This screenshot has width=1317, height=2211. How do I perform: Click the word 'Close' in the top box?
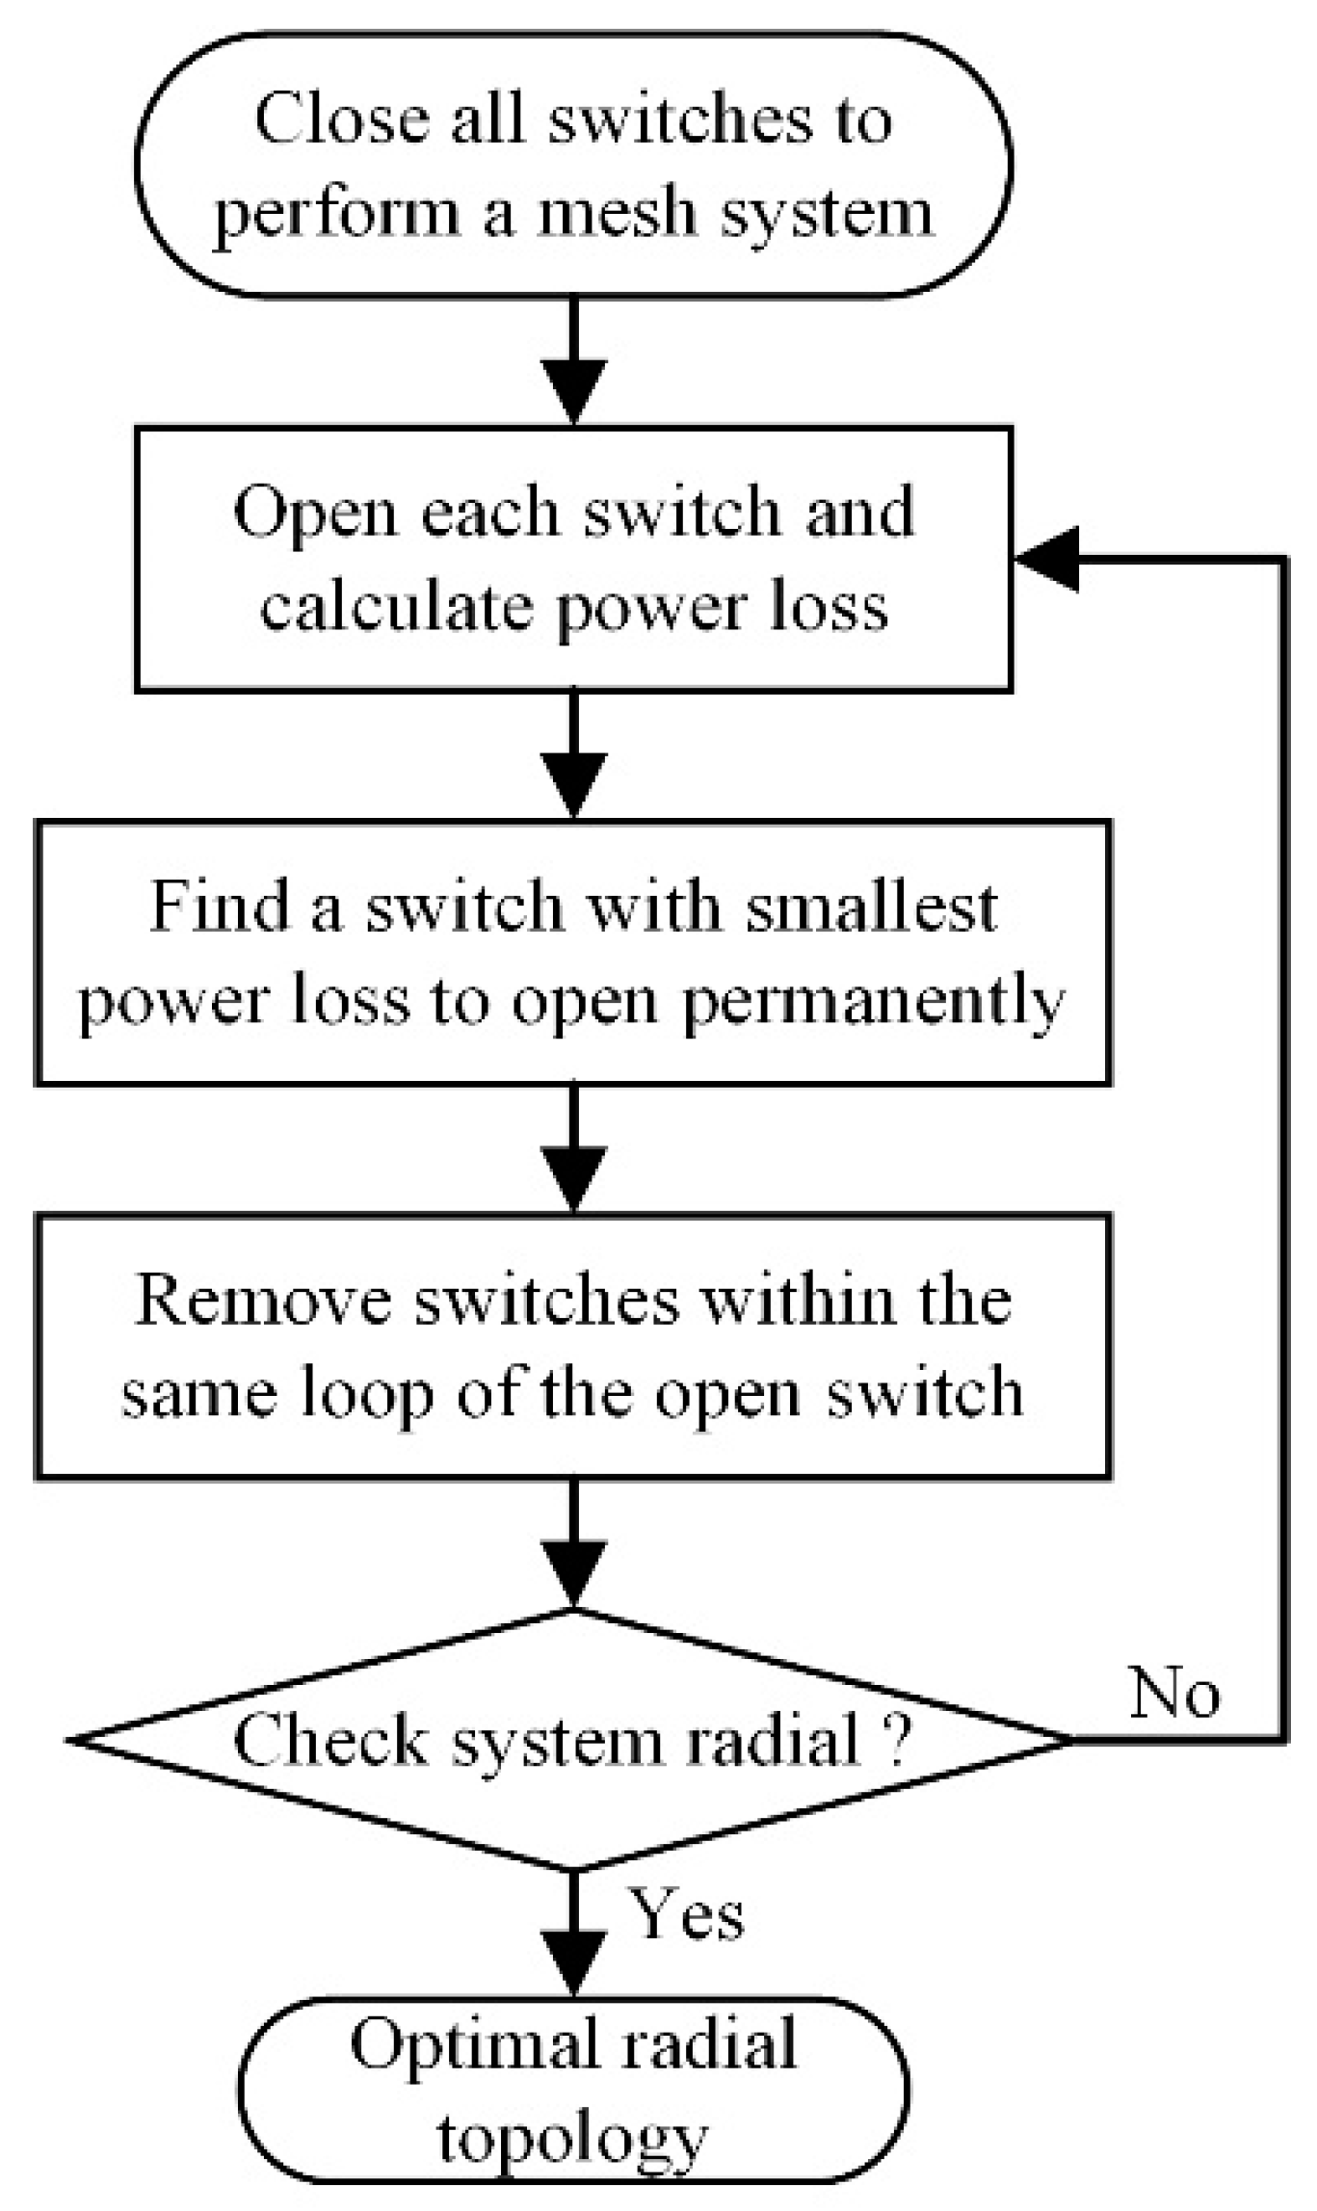341,119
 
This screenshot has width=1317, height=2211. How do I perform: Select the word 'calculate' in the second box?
394,608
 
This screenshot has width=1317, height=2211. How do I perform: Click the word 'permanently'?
873,1002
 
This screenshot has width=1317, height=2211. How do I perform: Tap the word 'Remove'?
265,1300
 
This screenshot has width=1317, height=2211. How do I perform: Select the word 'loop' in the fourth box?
367,1394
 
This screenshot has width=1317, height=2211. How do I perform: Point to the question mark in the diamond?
896,1740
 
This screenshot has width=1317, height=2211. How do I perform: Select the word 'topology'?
573,2140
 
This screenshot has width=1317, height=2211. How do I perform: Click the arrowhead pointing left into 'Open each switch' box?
1045,560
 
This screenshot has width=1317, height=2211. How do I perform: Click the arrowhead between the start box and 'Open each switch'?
573,390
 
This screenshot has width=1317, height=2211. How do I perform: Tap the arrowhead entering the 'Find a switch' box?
573,785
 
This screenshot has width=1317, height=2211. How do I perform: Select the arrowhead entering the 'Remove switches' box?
573,1177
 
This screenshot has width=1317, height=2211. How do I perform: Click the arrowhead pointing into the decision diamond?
573,1573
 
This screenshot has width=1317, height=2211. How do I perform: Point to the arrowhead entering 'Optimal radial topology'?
573,1964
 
